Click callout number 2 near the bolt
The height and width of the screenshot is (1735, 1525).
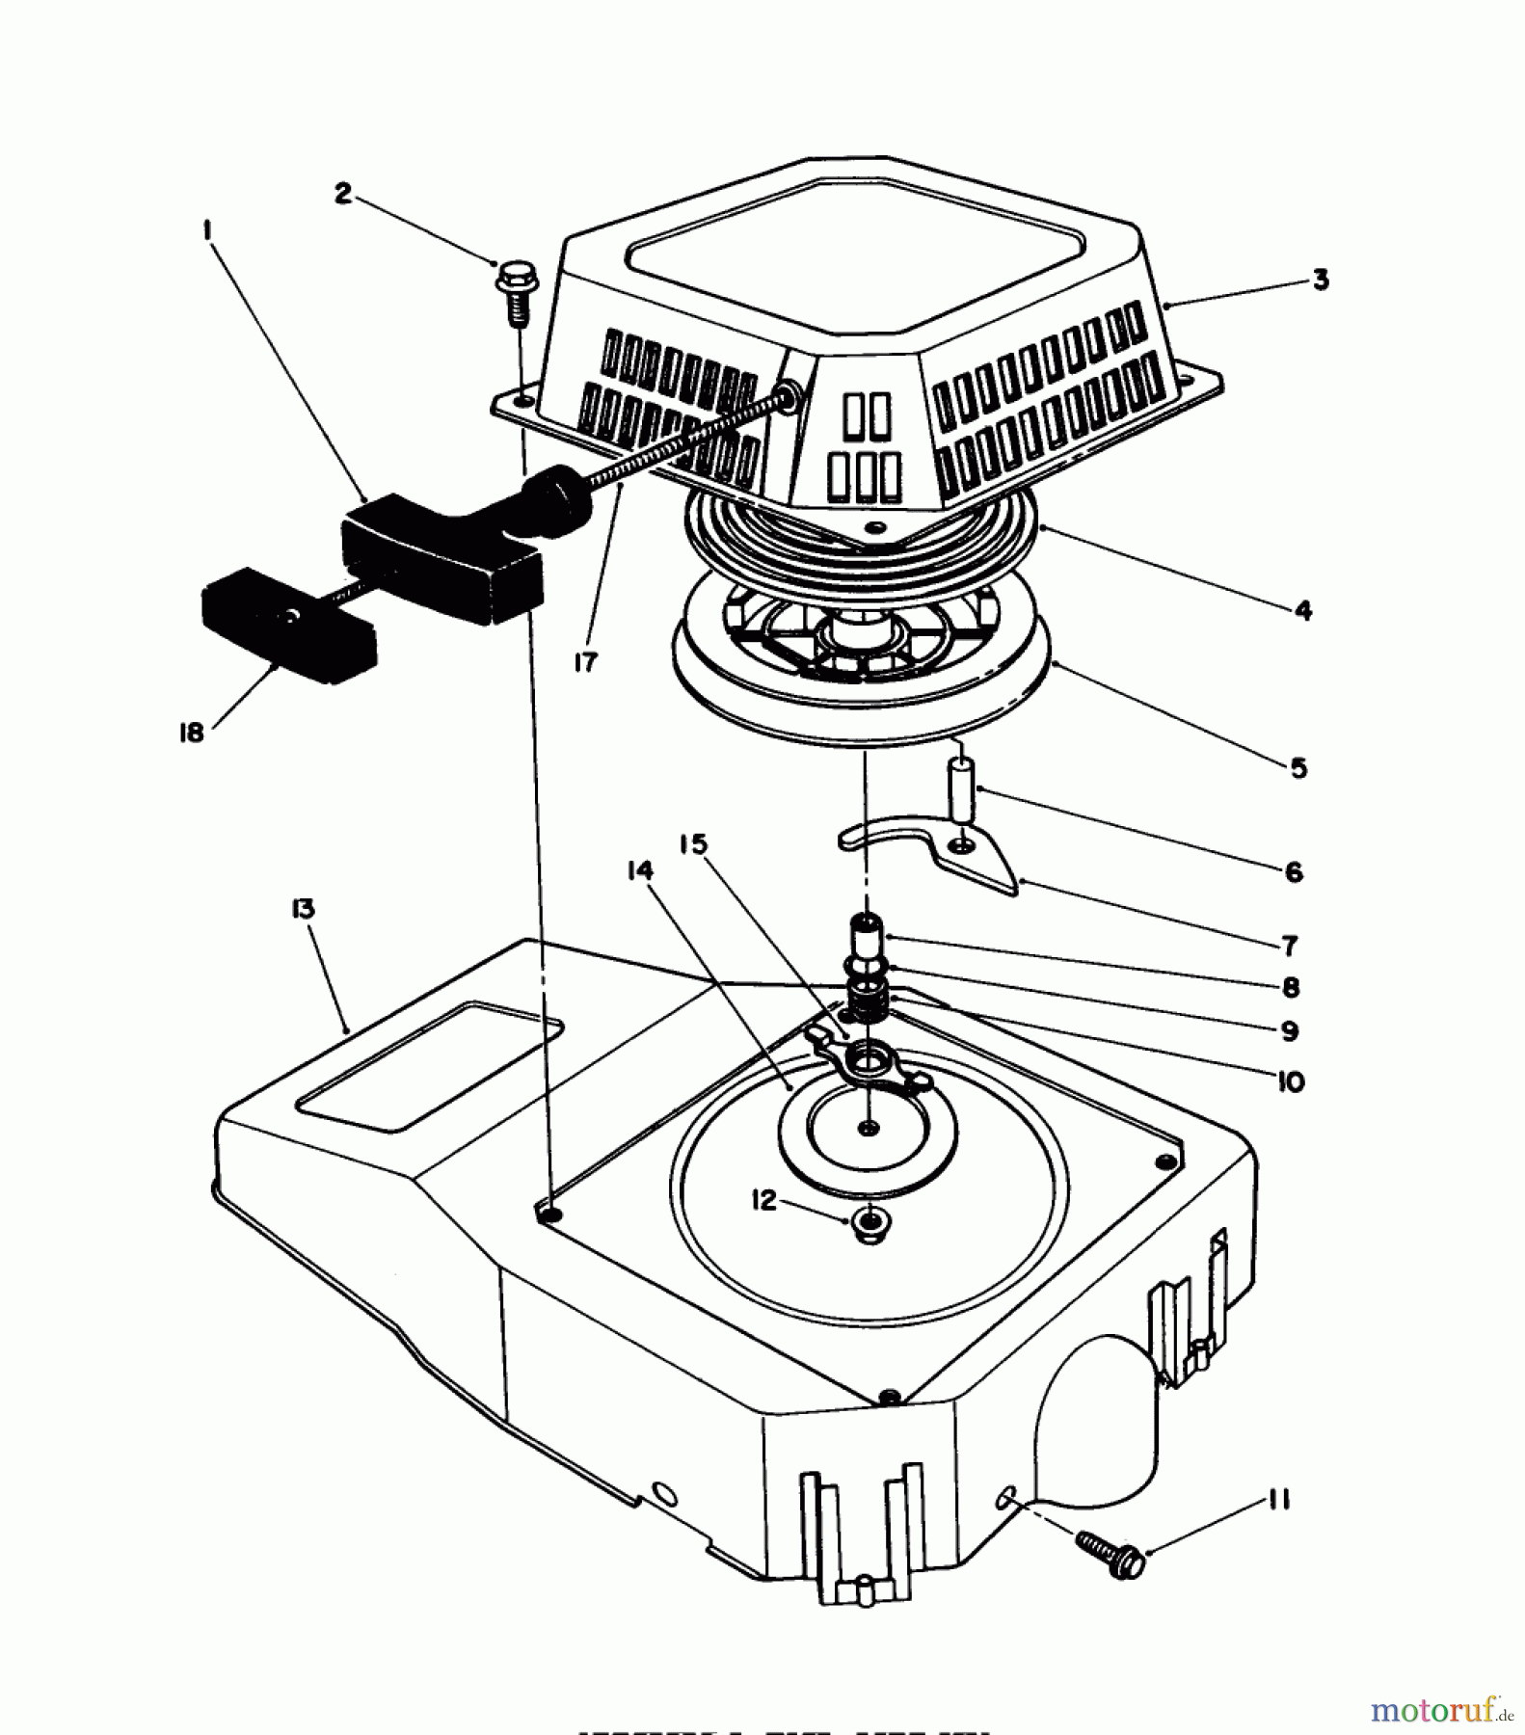coord(343,193)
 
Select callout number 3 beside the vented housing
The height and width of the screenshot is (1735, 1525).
coord(1320,280)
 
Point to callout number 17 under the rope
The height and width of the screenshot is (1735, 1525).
coord(585,662)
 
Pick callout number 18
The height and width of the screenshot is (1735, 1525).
coord(192,733)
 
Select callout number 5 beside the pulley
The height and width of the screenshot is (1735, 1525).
coord(1298,768)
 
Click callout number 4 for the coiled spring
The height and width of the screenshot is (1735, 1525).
coord(1302,610)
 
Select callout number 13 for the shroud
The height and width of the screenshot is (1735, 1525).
coord(304,909)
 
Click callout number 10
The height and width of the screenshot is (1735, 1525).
coord(1290,1081)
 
